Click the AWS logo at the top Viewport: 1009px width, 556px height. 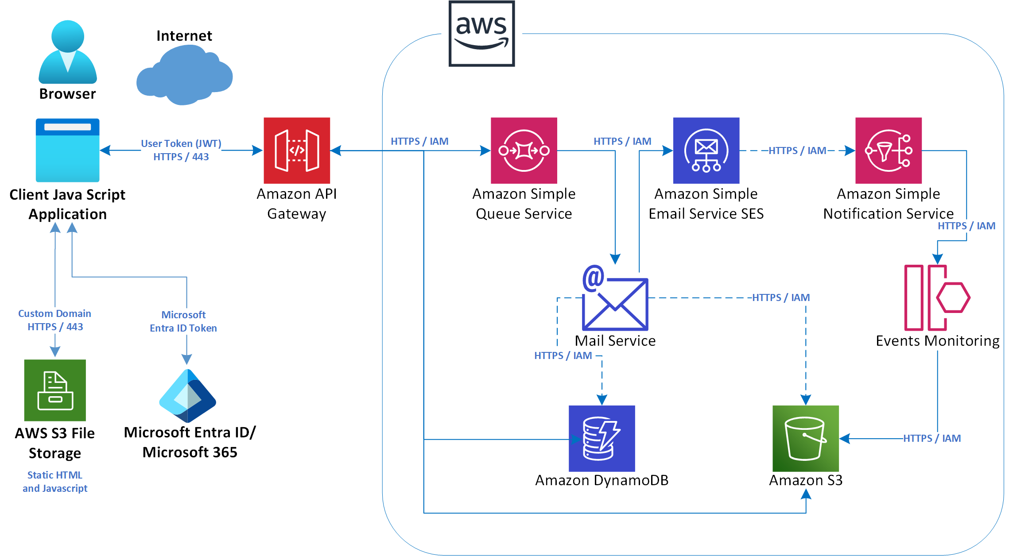coord(481,34)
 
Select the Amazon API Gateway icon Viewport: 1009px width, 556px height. coord(297,151)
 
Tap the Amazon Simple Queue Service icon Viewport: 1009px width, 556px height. coord(524,151)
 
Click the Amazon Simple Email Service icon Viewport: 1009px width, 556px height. coord(706,151)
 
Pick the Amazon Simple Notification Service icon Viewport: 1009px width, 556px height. coord(888,151)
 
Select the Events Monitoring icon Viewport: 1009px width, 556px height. coord(937,297)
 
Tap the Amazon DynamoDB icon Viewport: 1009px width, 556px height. coord(602,438)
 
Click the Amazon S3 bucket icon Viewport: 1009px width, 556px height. coord(805,438)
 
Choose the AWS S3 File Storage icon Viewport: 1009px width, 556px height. coord(55,390)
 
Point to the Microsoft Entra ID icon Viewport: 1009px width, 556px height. coord(187,395)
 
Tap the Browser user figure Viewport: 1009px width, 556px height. coord(68,52)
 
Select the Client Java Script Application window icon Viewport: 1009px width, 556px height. coord(67,150)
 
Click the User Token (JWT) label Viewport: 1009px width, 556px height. coord(181,143)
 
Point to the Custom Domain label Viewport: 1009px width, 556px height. coord(54,313)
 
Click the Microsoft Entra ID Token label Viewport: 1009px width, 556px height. coord(183,321)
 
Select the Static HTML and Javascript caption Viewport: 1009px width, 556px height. coord(55,482)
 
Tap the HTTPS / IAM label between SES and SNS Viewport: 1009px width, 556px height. coord(797,151)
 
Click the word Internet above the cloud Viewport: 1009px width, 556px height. coord(184,35)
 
